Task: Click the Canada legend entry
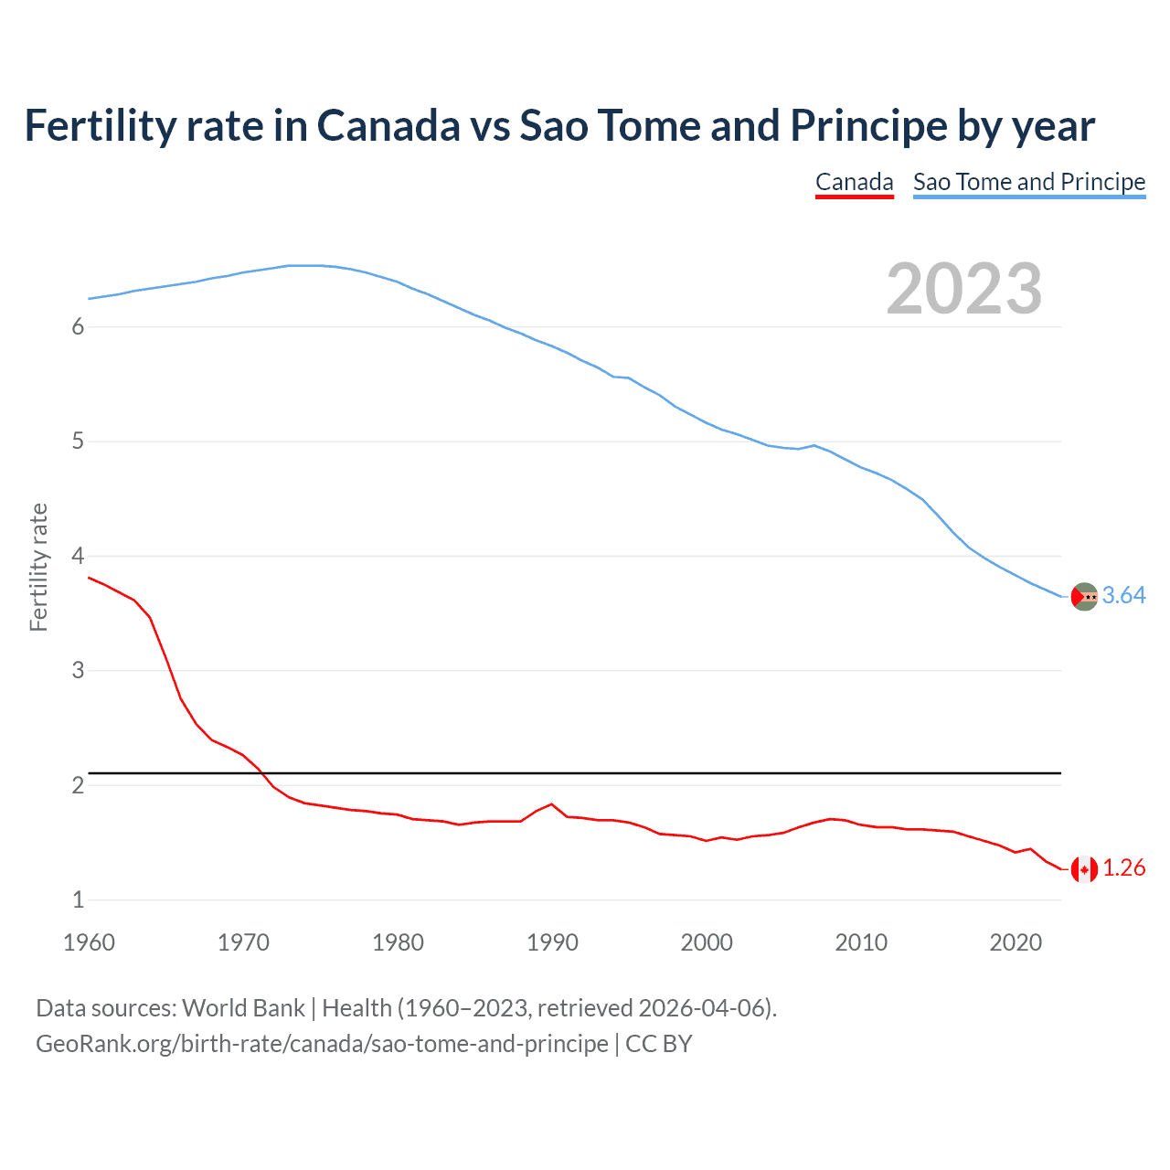click(x=854, y=182)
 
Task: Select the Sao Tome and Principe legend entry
click(x=1028, y=182)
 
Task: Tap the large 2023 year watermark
click(x=963, y=289)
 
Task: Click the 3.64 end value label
click(x=1123, y=596)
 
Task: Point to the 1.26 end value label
click(x=1123, y=868)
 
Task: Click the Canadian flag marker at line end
click(x=1084, y=869)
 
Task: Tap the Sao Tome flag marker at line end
click(x=1084, y=597)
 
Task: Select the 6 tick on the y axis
click(x=78, y=327)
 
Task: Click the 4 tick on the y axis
click(x=78, y=557)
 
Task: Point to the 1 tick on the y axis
click(x=78, y=900)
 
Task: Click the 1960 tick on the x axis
click(x=89, y=942)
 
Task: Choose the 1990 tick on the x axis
click(x=552, y=942)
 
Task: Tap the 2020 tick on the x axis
click(x=1016, y=942)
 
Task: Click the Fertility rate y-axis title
click(x=38, y=567)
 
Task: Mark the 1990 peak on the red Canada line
click(x=551, y=804)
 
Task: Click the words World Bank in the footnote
click(x=243, y=1008)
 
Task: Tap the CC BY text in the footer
click(x=658, y=1044)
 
